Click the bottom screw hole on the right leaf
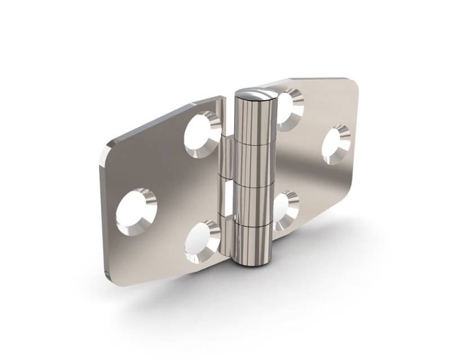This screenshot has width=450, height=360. coord(285,210)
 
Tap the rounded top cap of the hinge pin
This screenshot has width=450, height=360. coord(256,93)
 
